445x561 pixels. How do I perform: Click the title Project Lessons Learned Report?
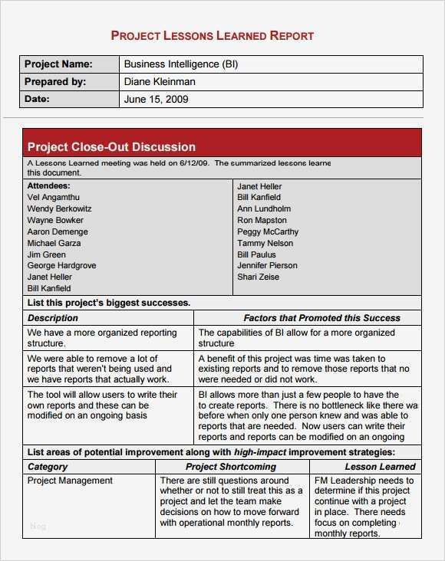213,35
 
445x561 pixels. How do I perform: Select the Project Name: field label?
58,64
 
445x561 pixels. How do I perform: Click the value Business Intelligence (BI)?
181,64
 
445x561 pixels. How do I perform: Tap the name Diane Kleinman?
160,82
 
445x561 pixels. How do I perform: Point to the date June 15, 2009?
156,100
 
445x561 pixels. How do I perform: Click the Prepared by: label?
55,82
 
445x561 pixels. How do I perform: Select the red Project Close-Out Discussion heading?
111,146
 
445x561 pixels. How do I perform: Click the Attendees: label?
48,185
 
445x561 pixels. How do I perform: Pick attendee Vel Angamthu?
53,197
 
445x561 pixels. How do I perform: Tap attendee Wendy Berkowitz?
59,208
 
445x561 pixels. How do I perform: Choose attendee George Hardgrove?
61,265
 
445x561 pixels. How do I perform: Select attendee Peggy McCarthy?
268,231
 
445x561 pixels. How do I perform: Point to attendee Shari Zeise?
258,277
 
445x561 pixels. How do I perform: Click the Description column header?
53,317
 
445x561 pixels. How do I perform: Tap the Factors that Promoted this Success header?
321,317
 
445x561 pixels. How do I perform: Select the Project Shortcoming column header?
230,466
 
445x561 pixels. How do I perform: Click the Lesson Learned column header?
380,466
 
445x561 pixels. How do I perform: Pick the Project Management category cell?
70,481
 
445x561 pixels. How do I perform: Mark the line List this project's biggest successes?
108,303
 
